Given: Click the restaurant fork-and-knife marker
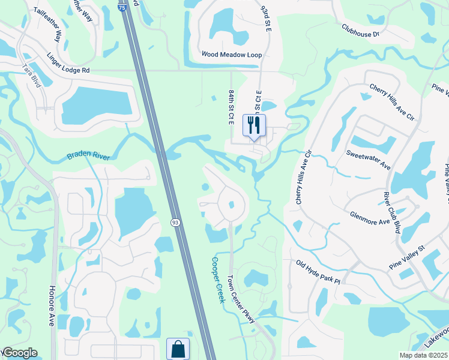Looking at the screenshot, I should click(253, 125).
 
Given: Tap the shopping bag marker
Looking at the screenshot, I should click(178, 349).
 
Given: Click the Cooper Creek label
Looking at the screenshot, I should click(217, 280).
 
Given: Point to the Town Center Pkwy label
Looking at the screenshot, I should click(241, 299).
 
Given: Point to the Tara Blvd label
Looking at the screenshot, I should click(31, 76).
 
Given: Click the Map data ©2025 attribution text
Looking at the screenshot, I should click(424, 355).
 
